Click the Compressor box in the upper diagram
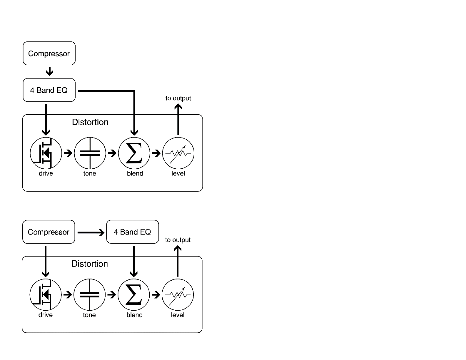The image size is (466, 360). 49,53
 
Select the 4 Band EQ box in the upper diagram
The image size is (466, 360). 49,90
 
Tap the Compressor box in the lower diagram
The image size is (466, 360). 49,232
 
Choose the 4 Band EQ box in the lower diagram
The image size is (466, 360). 133,232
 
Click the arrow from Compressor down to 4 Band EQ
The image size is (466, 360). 49,71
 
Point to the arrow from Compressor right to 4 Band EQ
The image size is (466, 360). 91,232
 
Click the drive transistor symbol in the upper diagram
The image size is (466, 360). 46,153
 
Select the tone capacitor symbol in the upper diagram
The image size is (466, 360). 90,153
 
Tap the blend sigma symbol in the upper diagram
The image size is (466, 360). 134,153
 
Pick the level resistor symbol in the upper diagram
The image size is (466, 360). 178,153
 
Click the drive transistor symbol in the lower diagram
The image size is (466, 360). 46,295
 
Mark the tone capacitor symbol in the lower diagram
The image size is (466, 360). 89,295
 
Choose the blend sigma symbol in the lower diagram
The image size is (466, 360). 133,295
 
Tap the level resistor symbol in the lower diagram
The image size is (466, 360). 178,295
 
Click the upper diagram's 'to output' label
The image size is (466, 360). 178,98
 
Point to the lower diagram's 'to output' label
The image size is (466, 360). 178,240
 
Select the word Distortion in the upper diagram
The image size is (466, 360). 90,122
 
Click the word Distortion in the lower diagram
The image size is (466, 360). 90,264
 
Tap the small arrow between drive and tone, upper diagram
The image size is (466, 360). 68,153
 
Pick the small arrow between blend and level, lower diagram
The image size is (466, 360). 156,295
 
